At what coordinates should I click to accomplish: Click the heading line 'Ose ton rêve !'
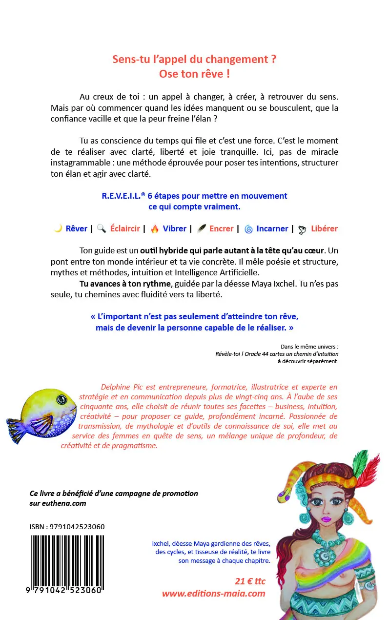[x=194, y=74]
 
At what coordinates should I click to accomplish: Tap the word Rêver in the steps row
[x=77, y=228]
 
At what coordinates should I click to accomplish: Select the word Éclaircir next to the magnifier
[x=125, y=228]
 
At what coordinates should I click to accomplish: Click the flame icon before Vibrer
[x=155, y=229]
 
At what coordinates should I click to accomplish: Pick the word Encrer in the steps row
[x=221, y=228]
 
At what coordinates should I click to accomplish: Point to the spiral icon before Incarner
[x=248, y=229]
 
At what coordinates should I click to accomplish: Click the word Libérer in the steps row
[x=324, y=228]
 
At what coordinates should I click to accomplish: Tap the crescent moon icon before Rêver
[x=58, y=228]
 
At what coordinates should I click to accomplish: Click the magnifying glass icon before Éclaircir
[x=102, y=229]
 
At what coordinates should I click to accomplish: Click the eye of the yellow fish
[x=60, y=400]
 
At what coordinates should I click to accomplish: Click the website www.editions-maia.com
[x=213, y=594]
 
